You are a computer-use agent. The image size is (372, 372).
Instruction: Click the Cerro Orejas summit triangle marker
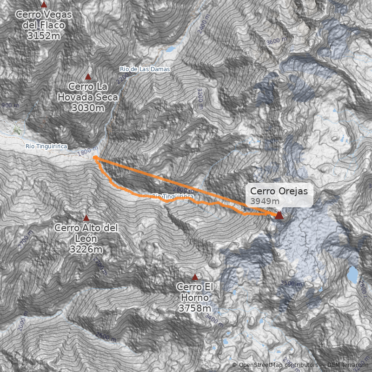tap(279, 215)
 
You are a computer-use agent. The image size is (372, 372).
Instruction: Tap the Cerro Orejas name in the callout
tap(279, 191)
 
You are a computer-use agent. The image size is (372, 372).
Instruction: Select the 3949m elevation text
tap(265, 201)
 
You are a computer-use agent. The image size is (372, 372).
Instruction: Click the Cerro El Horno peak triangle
tap(195, 277)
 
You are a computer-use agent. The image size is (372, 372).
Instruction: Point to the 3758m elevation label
tap(195, 308)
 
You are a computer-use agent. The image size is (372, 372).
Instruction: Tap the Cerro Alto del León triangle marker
tap(86, 218)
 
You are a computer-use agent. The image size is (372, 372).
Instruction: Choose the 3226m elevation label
tap(86, 250)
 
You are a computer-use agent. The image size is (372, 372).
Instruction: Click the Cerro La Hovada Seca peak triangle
tap(88, 77)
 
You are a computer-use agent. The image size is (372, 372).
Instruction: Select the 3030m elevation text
tap(88, 108)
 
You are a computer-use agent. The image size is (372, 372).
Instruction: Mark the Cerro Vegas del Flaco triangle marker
tap(44, 4)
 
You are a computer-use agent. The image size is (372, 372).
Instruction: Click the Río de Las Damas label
tap(145, 69)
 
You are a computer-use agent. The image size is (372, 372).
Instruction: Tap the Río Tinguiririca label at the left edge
tap(46, 146)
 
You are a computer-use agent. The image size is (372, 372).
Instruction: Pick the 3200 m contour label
tap(200, 98)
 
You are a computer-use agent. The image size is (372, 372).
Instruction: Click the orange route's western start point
tap(95, 158)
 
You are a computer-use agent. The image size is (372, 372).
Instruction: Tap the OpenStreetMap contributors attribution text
tap(274, 365)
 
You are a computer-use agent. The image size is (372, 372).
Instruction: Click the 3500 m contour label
tap(292, 283)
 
